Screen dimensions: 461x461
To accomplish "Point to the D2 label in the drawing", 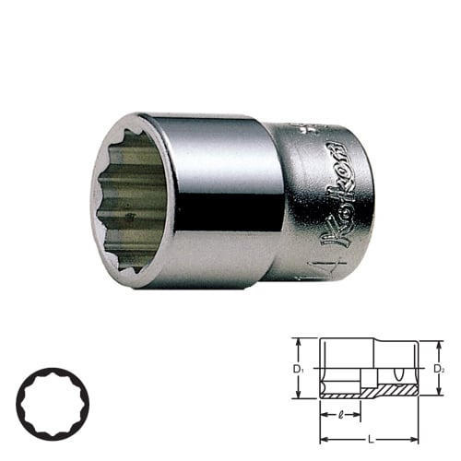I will coord(439,370).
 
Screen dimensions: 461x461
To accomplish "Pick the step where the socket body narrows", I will coord(278,198).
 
